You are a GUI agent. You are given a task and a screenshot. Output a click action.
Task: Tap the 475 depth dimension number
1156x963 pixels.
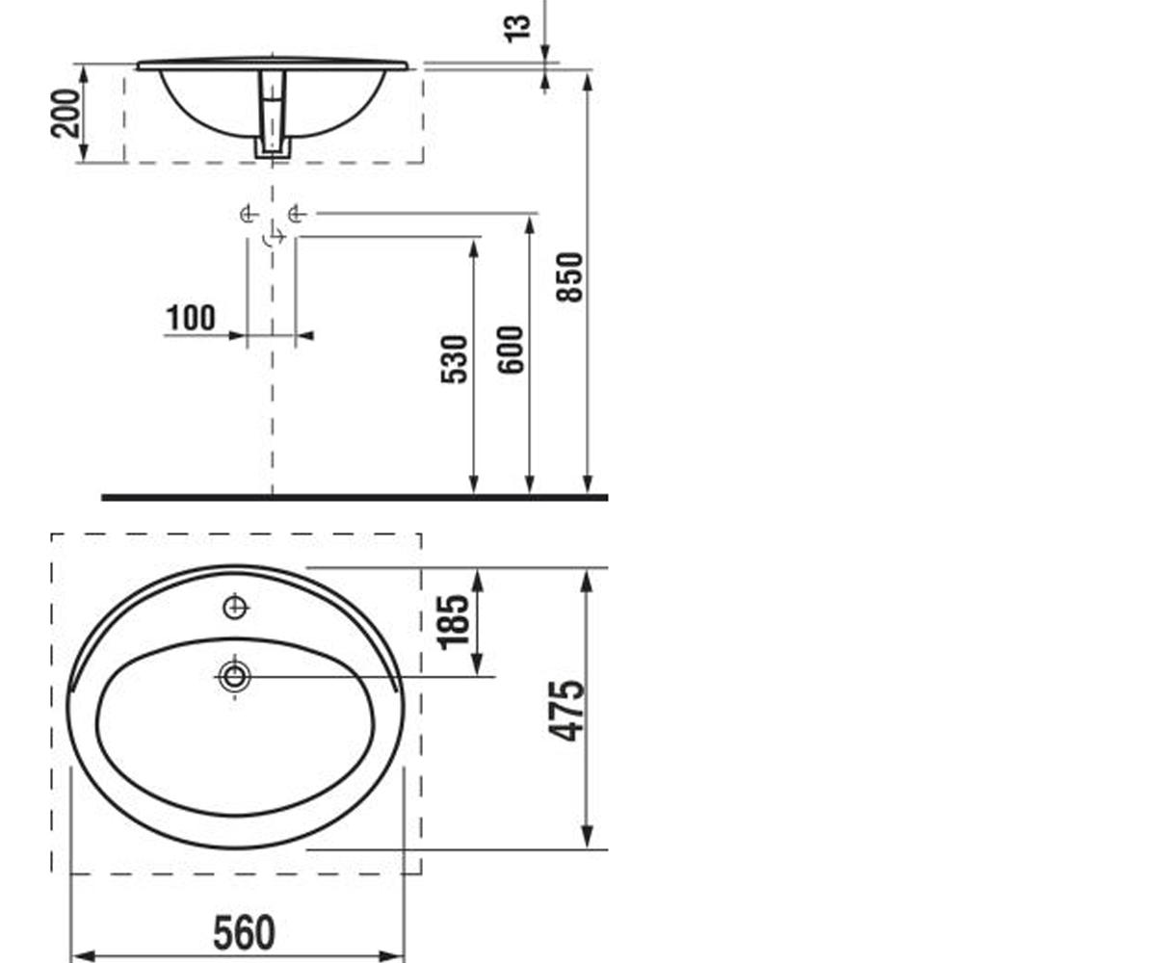click(565, 711)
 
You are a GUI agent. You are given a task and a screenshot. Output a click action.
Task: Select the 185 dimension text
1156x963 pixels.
click(453, 622)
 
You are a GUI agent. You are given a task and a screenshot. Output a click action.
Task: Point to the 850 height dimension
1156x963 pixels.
click(569, 277)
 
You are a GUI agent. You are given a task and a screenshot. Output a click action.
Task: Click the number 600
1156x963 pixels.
click(511, 350)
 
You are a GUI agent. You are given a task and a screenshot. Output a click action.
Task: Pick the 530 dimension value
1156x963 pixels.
click(454, 359)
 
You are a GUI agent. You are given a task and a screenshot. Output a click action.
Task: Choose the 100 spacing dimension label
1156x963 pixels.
click(191, 318)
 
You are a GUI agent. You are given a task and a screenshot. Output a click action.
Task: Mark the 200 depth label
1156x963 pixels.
click(66, 113)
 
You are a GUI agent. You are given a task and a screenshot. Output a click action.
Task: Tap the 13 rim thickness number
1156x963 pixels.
click(517, 29)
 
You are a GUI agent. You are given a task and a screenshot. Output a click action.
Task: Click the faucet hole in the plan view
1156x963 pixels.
click(235, 608)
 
